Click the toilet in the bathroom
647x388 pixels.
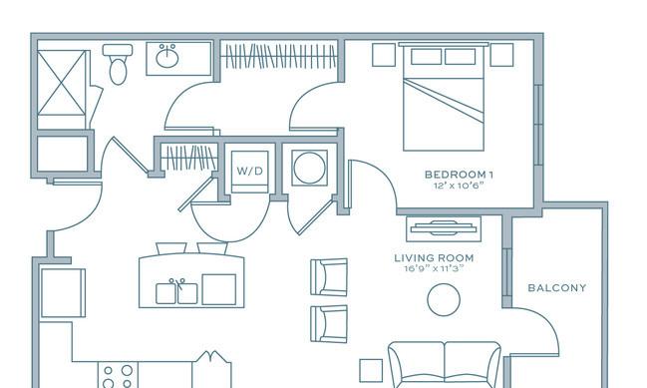click(x=118, y=64)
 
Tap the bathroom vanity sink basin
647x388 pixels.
click(x=167, y=57)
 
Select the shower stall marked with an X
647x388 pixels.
click(x=62, y=83)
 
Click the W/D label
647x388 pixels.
click(x=249, y=171)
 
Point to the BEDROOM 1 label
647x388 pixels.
click(x=459, y=175)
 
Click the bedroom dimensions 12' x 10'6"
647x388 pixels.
click(x=459, y=186)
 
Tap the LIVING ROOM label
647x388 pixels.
click(x=434, y=258)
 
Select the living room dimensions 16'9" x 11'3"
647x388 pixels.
click(x=434, y=268)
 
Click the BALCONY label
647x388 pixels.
click(x=557, y=287)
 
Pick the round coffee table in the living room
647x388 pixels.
click(x=444, y=299)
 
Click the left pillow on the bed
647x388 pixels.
click(x=427, y=57)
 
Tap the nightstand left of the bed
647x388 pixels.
click(x=384, y=55)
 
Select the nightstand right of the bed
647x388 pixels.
click(x=501, y=55)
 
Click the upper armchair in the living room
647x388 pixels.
click(x=329, y=277)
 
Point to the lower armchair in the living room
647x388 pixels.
click(x=329, y=324)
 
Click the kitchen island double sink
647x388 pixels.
click(x=176, y=292)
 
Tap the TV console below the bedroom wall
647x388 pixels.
click(x=444, y=229)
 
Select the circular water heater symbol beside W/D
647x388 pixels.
click(x=309, y=168)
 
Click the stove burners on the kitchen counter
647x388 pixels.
click(x=118, y=375)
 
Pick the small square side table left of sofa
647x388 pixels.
click(x=371, y=370)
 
